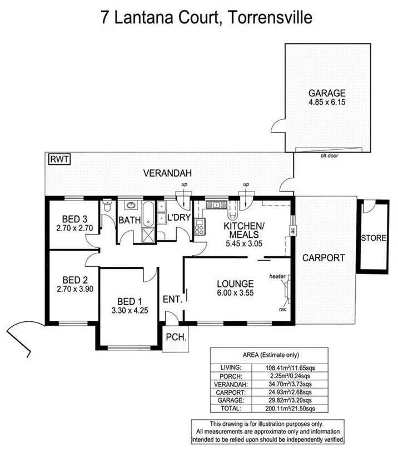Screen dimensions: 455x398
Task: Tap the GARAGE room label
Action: tap(327, 93)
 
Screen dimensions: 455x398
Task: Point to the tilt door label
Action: tap(330, 156)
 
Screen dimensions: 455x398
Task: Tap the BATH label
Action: tap(129, 221)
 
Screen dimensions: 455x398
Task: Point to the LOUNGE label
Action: tap(235, 283)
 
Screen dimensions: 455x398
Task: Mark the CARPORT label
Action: tap(324, 258)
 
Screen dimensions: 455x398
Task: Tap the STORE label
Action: tap(373, 238)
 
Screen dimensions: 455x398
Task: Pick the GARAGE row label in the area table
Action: tap(232, 400)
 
